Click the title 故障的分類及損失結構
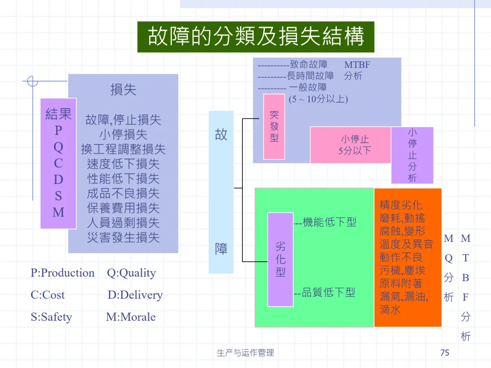[256, 37]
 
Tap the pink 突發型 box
[274, 127]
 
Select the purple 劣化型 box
[281, 259]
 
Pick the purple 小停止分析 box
[412, 155]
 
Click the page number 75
[445, 353]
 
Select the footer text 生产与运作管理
[245, 353]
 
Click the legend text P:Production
[63, 273]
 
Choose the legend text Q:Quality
[131, 273]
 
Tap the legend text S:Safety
[51, 317]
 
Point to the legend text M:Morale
[131, 317]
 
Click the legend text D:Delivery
[135, 295]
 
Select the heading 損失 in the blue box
[123, 90]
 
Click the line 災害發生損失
[123, 237]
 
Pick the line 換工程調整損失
[123, 149]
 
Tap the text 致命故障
[308, 65]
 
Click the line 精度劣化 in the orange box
[401, 205]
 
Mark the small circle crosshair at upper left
[32, 82]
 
